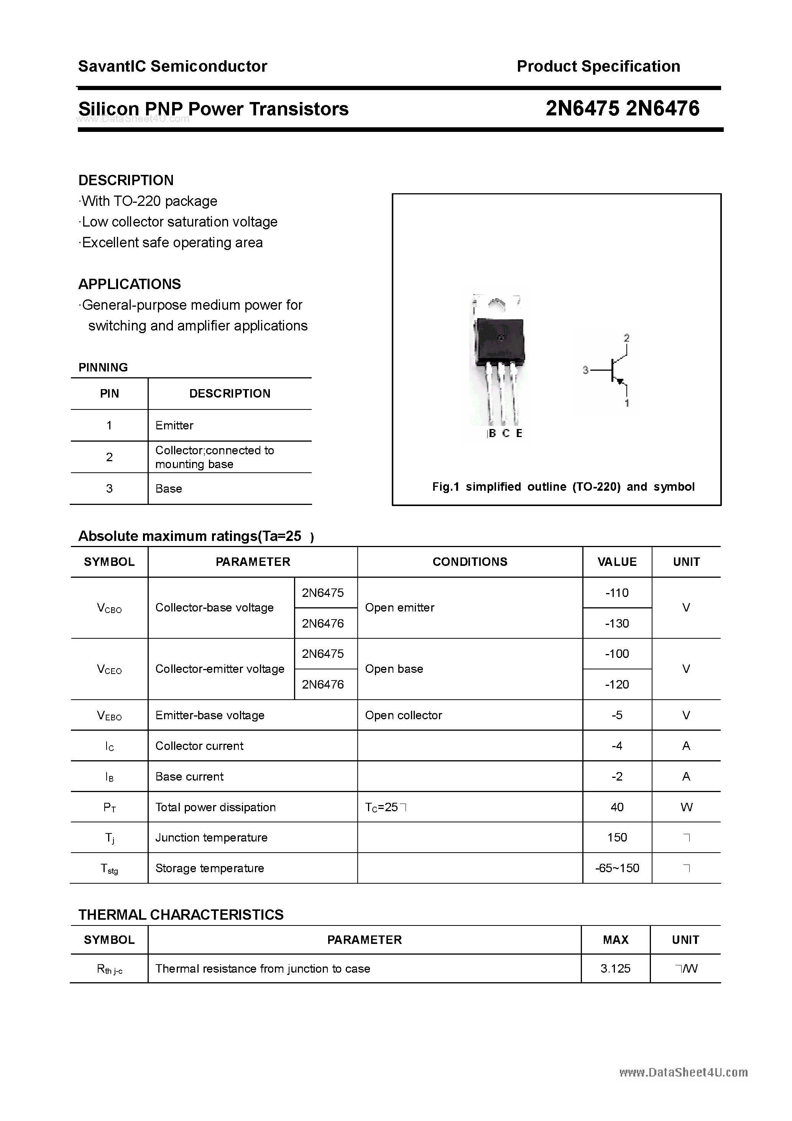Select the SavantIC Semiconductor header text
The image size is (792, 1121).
tap(173, 66)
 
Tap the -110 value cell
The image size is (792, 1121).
tap(617, 593)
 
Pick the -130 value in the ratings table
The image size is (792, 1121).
tap(617, 623)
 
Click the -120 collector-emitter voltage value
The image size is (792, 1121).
tap(617, 684)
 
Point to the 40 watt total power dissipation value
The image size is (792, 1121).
tap(617, 807)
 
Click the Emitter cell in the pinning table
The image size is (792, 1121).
tap(174, 425)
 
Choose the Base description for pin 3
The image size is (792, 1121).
tap(168, 489)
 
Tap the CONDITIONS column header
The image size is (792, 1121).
tap(470, 562)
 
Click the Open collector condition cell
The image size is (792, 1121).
tap(403, 715)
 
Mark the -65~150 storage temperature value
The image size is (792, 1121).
tap(617, 868)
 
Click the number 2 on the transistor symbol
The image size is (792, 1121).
tap(626, 338)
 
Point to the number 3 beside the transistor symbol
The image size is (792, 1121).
tap(585, 371)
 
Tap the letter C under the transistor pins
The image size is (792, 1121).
tap(506, 433)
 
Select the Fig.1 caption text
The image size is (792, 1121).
tap(563, 487)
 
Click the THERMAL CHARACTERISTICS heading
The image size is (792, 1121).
tap(181, 914)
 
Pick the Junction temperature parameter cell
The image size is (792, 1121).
tap(212, 838)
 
